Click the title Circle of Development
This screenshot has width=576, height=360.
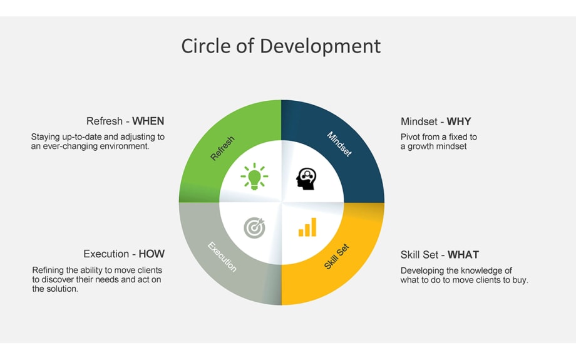point(280,46)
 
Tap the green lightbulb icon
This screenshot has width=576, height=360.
point(254,177)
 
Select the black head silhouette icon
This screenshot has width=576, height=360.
point(306,179)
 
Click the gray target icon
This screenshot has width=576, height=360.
point(254,228)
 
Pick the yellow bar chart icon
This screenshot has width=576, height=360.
point(307,228)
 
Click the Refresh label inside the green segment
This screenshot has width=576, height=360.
point(222,148)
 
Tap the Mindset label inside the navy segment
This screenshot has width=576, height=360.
point(339,144)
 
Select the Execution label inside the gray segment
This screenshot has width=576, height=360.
point(222,257)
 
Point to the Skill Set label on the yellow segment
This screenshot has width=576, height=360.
point(337,257)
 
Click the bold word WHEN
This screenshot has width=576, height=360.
point(148,121)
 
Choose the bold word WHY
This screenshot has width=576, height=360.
point(459,121)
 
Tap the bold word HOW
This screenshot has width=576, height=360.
point(152,254)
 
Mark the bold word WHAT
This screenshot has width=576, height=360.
point(463,255)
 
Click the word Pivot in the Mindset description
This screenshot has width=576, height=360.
point(411,136)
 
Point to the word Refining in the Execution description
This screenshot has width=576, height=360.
point(48,270)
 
